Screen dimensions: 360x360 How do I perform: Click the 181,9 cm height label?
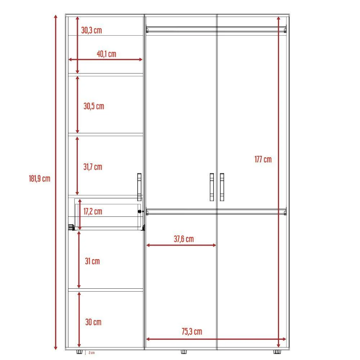tap(40, 179)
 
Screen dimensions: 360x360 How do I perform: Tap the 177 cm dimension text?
tap(263, 159)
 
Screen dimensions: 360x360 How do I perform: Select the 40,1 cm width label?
tap(107, 54)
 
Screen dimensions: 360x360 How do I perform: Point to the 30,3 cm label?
tap(91, 30)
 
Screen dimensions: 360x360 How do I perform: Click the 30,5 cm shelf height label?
tap(94, 106)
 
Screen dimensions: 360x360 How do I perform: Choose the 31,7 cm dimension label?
tap(93, 167)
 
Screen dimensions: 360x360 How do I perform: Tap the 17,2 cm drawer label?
tap(93, 211)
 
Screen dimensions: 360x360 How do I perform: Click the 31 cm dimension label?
tap(92, 261)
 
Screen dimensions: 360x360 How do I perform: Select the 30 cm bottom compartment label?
tap(93, 322)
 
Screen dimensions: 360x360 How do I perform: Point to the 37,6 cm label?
tap(184, 239)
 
